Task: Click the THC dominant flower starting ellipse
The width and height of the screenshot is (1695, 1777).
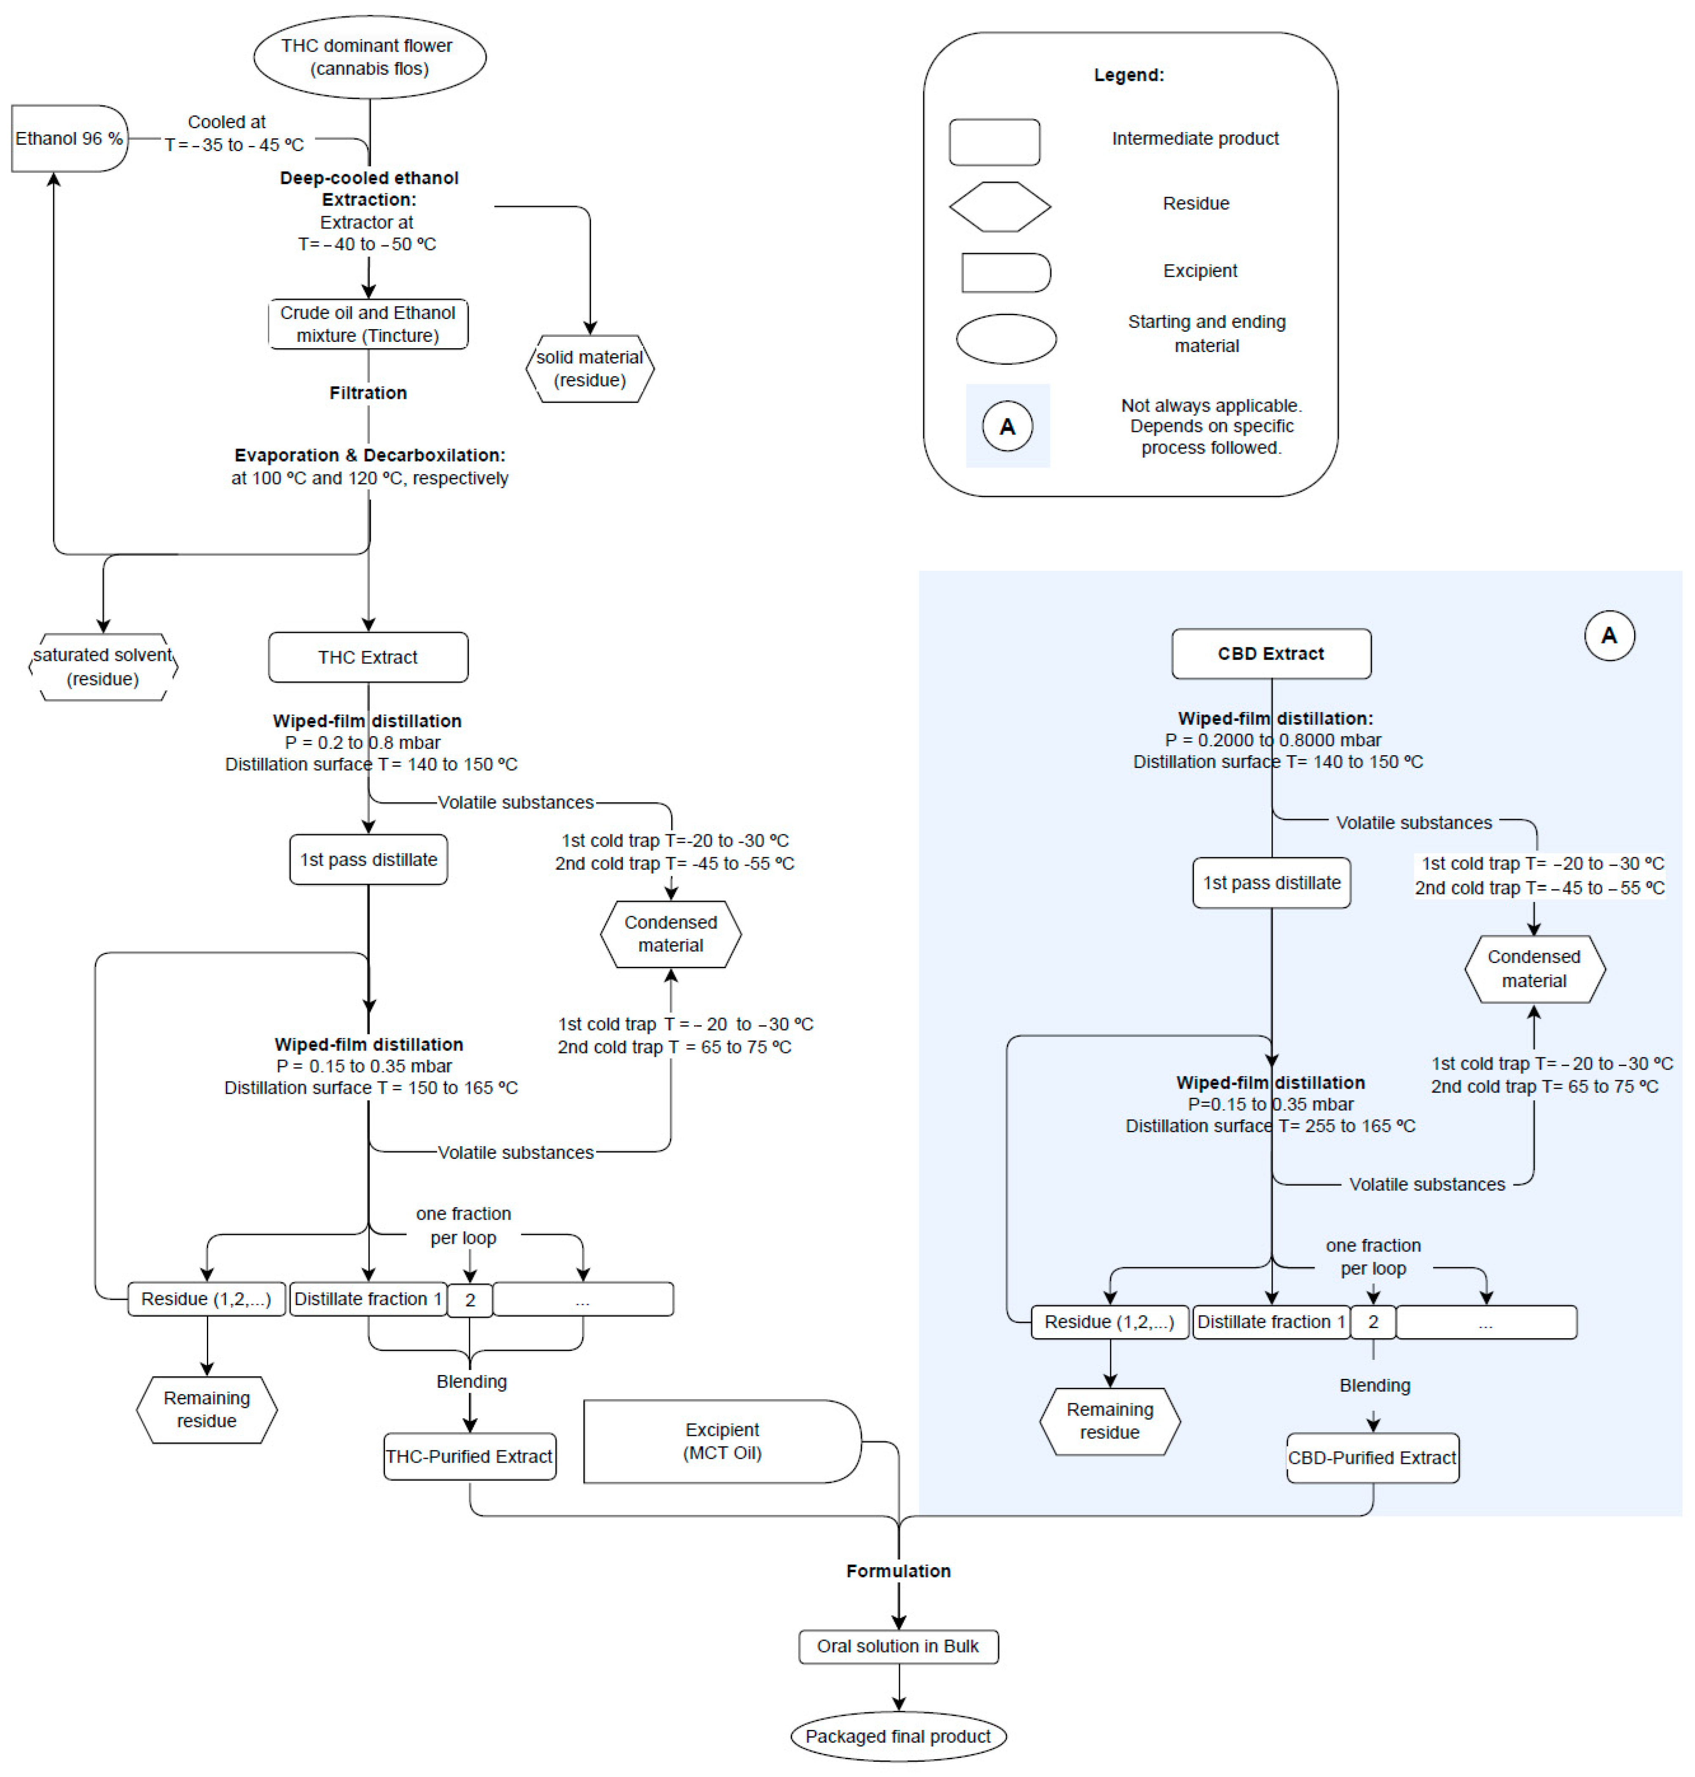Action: [x=369, y=57]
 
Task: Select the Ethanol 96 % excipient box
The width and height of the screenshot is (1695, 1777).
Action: [x=69, y=138]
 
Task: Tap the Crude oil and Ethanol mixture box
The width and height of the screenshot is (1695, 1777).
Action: [x=368, y=323]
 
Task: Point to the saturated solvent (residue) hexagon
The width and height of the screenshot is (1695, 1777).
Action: [x=103, y=667]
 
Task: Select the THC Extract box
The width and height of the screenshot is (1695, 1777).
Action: [x=368, y=657]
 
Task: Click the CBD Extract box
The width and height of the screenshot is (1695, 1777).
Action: [x=1270, y=653]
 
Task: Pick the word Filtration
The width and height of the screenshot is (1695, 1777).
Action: [x=368, y=393]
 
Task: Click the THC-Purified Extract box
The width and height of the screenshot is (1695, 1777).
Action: [x=469, y=1456]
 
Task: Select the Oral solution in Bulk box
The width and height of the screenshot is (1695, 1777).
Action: [x=898, y=1646]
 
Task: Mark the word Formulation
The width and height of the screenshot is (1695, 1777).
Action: [x=898, y=1571]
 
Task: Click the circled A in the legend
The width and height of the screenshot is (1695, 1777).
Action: [x=1007, y=426]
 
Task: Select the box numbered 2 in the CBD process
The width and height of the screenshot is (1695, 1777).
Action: [x=1373, y=1322]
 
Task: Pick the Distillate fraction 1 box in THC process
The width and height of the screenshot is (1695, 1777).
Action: [x=368, y=1299]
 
